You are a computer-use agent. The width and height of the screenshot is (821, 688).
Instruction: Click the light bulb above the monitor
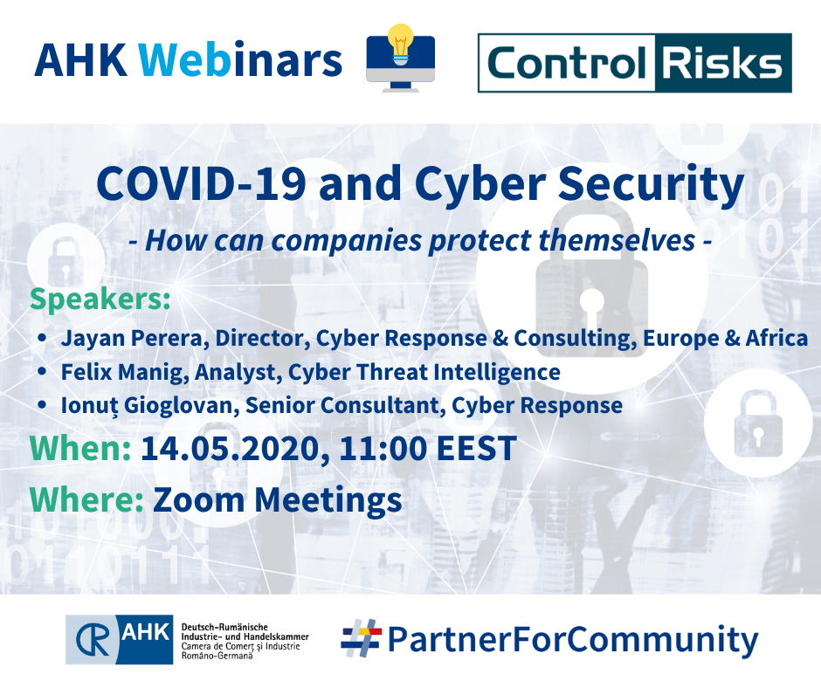coord(401,45)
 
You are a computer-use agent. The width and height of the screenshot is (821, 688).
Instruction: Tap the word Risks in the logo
coord(722,64)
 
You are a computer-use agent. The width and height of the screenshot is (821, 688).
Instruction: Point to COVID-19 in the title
coord(202,183)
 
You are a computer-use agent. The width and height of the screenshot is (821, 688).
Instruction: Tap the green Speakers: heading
coord(100,299)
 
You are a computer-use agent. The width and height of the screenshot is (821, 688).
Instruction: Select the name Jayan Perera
coord(132,338)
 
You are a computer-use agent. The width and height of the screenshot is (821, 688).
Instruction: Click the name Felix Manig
coord(125,372)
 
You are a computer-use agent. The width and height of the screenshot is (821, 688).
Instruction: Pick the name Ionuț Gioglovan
coord(148,405)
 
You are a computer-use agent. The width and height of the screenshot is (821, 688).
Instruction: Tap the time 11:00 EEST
coord(428,449)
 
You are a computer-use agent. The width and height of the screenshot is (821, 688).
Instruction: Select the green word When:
coord(80,449)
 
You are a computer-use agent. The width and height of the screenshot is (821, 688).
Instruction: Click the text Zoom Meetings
coord(278,500)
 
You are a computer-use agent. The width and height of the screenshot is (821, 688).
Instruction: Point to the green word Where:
coord(87,499)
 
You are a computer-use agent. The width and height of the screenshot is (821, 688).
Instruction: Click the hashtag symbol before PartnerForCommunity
coord(362,637)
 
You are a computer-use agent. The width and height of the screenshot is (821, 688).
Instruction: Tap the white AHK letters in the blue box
coord(146,632)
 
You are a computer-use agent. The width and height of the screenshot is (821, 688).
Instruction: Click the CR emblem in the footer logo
coord(93,639)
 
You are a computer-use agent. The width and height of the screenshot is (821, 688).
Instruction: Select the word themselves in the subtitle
coord(617,241)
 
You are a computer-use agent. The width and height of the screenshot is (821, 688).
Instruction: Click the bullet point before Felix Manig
coord(43,372)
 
